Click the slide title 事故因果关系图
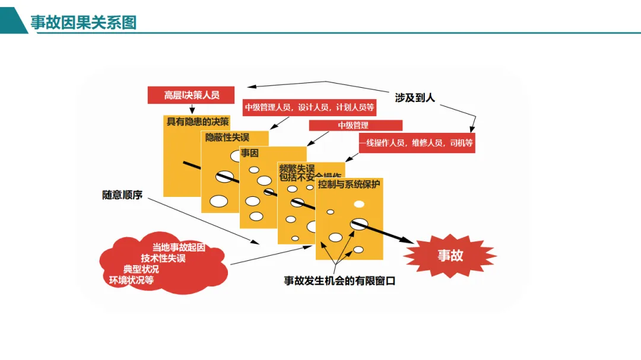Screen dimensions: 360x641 click(x=84, y=23)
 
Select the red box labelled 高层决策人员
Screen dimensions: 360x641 click(x=191, y=95)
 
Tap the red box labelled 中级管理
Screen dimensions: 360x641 click(x=355, y=125)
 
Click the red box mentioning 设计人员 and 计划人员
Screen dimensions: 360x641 click(x=309, y=107)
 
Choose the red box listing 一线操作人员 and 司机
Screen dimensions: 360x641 click(x=417, y=143)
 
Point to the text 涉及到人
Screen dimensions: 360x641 click(x=415, y=97)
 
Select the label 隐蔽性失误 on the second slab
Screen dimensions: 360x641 click(x=227, y=137)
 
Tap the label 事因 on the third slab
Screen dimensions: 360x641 click(x=250, y=153)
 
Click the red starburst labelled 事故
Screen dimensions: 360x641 click(x=450, y=256)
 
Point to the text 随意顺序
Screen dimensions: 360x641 click(x=122, y=195)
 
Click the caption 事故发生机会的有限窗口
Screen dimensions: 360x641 click(x=339, y=281)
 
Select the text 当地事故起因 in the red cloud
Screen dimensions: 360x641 click(x=179, y=247)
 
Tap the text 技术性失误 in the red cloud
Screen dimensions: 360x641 click(x=163, y=258)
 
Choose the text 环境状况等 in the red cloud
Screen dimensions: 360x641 click(x=131, y=280)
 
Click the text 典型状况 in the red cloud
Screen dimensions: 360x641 click(x=141, y=269)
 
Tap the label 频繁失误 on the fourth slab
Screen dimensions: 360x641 click(x=297, y=168)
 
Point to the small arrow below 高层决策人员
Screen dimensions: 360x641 click(x=191, y=109)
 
